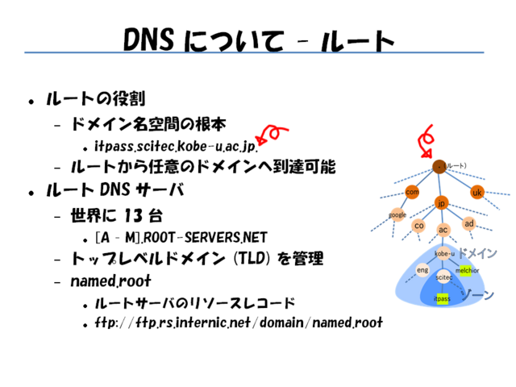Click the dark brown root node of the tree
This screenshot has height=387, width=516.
439,167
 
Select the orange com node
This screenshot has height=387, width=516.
412,192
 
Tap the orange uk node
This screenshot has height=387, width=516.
476,193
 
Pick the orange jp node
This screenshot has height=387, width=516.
441,203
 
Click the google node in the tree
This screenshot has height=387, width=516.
397,214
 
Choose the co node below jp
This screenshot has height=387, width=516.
418,226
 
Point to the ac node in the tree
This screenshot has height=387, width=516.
443,230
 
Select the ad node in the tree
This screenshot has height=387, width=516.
469,223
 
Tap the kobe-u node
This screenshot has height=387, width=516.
444,254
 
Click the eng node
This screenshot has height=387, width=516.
422,269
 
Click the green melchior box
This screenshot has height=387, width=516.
468,270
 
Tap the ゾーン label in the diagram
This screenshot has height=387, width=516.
476,294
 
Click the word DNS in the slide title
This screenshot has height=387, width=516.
152,40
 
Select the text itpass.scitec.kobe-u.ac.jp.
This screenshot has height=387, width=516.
175,147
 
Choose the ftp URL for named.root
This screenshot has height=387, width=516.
238,323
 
